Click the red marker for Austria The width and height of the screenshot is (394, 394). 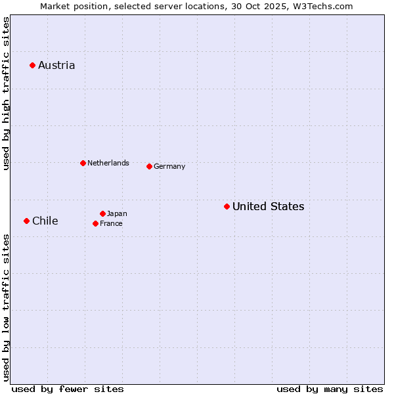[32, 65]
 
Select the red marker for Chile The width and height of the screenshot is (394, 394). [26, 221]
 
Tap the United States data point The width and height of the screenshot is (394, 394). [227, 206]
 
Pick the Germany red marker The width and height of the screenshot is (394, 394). [149, 166]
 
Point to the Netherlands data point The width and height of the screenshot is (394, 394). [83, 163]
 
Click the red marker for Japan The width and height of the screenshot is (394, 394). [102, 213]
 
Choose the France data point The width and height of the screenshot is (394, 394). [95, 223]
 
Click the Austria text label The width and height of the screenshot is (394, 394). [56, 65]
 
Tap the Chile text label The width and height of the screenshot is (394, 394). [45, 221]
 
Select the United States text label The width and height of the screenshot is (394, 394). [268, 206]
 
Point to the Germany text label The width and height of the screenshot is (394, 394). [169, 166]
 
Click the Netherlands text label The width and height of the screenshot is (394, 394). [108, 163]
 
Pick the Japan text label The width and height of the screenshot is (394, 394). [117, 213]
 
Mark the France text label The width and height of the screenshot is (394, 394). [111, 223]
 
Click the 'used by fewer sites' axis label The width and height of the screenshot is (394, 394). [68, 389]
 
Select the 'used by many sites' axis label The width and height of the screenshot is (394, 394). [330, 389]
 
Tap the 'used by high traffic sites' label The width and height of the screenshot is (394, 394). [6, 93]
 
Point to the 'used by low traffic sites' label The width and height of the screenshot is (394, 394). [6, 307]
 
